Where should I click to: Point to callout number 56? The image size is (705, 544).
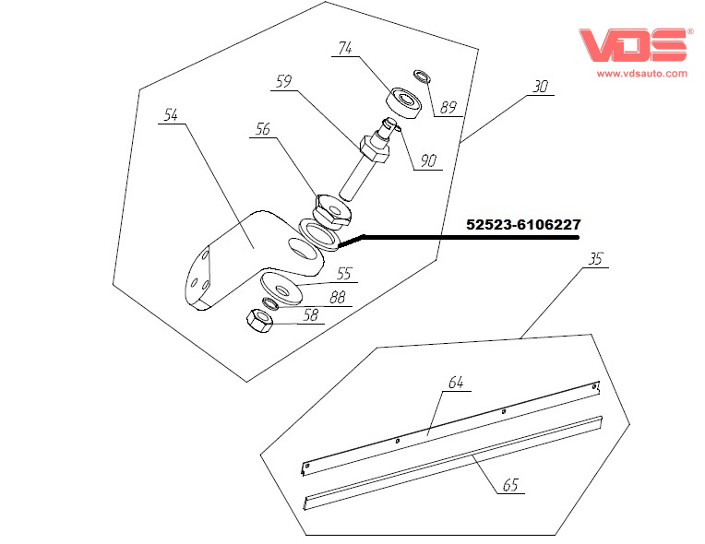click(263, 131)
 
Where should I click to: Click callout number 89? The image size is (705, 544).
click(448, 107)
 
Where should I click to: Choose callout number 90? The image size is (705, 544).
click(428, 160)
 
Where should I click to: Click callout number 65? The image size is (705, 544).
click(510, 486)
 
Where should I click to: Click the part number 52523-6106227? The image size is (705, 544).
click(523, 224)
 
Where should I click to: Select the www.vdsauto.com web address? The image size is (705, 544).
click(641, 73)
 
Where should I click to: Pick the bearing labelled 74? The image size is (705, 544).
click(403, 100)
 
